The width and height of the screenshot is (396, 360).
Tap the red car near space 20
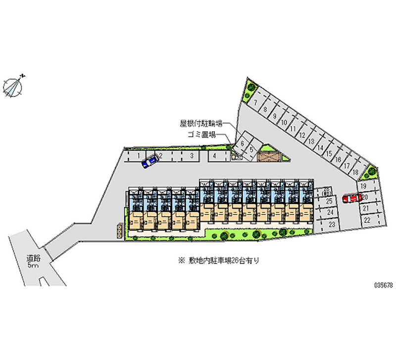(351, 199)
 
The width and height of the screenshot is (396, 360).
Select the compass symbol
(13, 86)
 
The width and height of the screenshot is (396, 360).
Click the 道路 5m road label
(33, 261)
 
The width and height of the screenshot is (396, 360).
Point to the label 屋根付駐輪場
(201, 122)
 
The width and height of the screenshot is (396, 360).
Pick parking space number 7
(256, 103)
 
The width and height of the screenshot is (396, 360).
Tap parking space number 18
(355, 172)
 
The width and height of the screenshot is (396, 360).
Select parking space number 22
(367, 219)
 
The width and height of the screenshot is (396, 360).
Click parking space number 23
(331, 225)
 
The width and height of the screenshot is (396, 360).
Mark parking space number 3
(191, 155)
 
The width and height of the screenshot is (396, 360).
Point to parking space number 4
(214, 155)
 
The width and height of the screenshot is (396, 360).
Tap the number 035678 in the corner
(383, 286)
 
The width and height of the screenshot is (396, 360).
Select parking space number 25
(328, 202)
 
